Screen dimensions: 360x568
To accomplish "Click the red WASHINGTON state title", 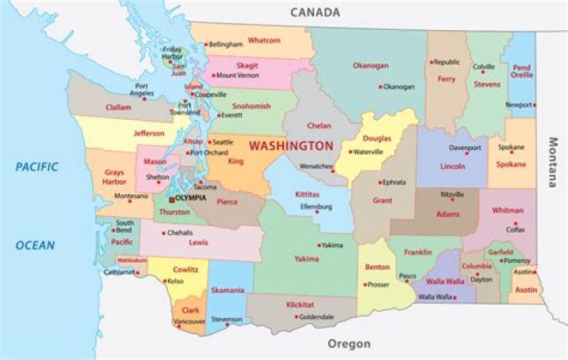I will point(291,146).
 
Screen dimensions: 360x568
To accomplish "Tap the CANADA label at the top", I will point(315,12).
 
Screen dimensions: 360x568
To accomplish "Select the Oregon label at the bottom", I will point(349,344).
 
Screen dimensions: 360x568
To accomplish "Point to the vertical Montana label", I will point(553,163).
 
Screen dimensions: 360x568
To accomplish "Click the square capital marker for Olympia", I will point(171,199).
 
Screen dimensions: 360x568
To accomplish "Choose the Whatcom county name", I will point(263,40).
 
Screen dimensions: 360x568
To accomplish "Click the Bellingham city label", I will point(226,45).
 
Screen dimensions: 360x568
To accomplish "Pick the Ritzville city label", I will point(452,194).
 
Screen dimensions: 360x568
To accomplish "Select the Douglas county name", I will point(376,138).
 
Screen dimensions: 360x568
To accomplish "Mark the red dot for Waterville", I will point(350,152).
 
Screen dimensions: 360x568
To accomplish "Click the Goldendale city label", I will point(316,317).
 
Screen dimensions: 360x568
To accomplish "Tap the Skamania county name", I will point(227,290).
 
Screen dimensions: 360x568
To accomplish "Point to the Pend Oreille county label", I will point(521,72).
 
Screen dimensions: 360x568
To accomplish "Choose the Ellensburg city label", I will point(316,207).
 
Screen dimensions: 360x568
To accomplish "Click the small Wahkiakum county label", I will point(132,259).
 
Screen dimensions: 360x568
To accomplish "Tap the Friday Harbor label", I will point(173,53).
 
